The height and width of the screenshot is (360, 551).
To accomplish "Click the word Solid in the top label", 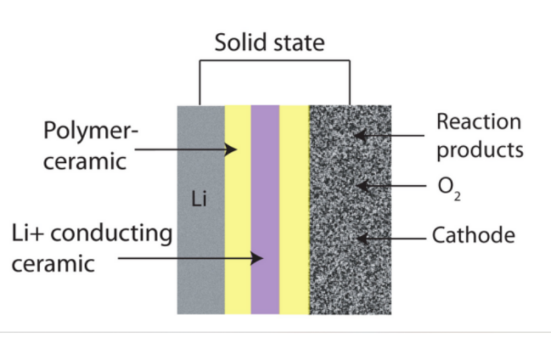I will [239, 44].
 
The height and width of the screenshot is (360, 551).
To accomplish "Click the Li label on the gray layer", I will [199, 201].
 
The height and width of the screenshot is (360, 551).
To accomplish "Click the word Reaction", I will [478, 122].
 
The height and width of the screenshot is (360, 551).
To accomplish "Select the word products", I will [479, 150].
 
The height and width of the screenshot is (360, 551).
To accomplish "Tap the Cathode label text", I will [473, 235].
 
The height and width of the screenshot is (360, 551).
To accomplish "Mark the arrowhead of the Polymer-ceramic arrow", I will [232, 148].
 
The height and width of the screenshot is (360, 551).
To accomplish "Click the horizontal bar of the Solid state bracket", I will [275, 61].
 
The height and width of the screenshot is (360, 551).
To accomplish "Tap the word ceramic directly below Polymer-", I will [84, 162].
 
